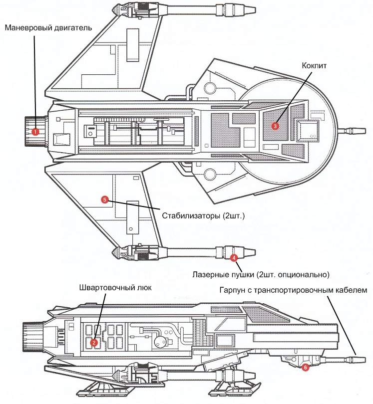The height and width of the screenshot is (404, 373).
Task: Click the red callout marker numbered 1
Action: click(35, 132)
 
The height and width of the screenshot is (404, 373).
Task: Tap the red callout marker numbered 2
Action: click(93, 342)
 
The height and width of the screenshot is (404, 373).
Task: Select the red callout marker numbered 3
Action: click(275, 126)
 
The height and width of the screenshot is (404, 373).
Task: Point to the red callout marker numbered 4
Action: click(234, 258)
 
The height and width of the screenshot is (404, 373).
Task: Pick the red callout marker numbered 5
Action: click(104, 200)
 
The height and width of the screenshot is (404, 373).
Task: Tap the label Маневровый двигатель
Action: click(48, 28)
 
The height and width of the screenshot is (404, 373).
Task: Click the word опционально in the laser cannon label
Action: click(304, 274)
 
